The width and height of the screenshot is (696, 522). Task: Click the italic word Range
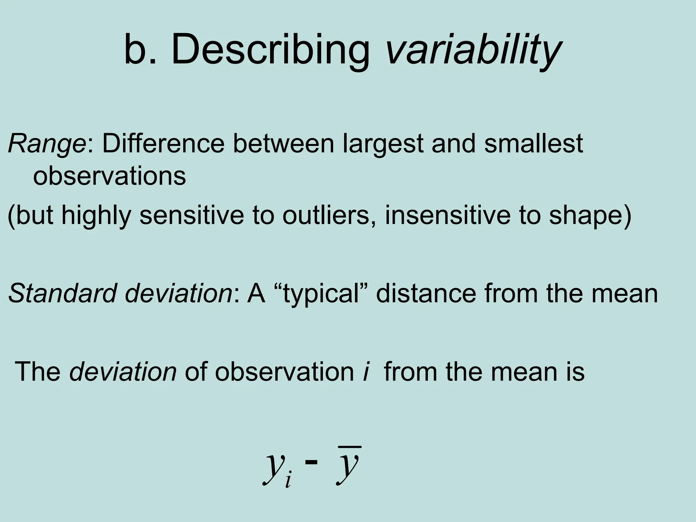point(47,144)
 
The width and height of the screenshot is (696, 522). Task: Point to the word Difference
point(163,143)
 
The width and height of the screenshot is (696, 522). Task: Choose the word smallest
point(534,143)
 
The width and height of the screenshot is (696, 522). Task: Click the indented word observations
point(109,176)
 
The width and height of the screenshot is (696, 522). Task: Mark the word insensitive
point(447,215)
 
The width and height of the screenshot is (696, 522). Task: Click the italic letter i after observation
point(366,371)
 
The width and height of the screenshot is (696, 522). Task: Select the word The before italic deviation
point(38,371)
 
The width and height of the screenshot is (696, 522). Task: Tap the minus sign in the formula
point(312,462)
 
